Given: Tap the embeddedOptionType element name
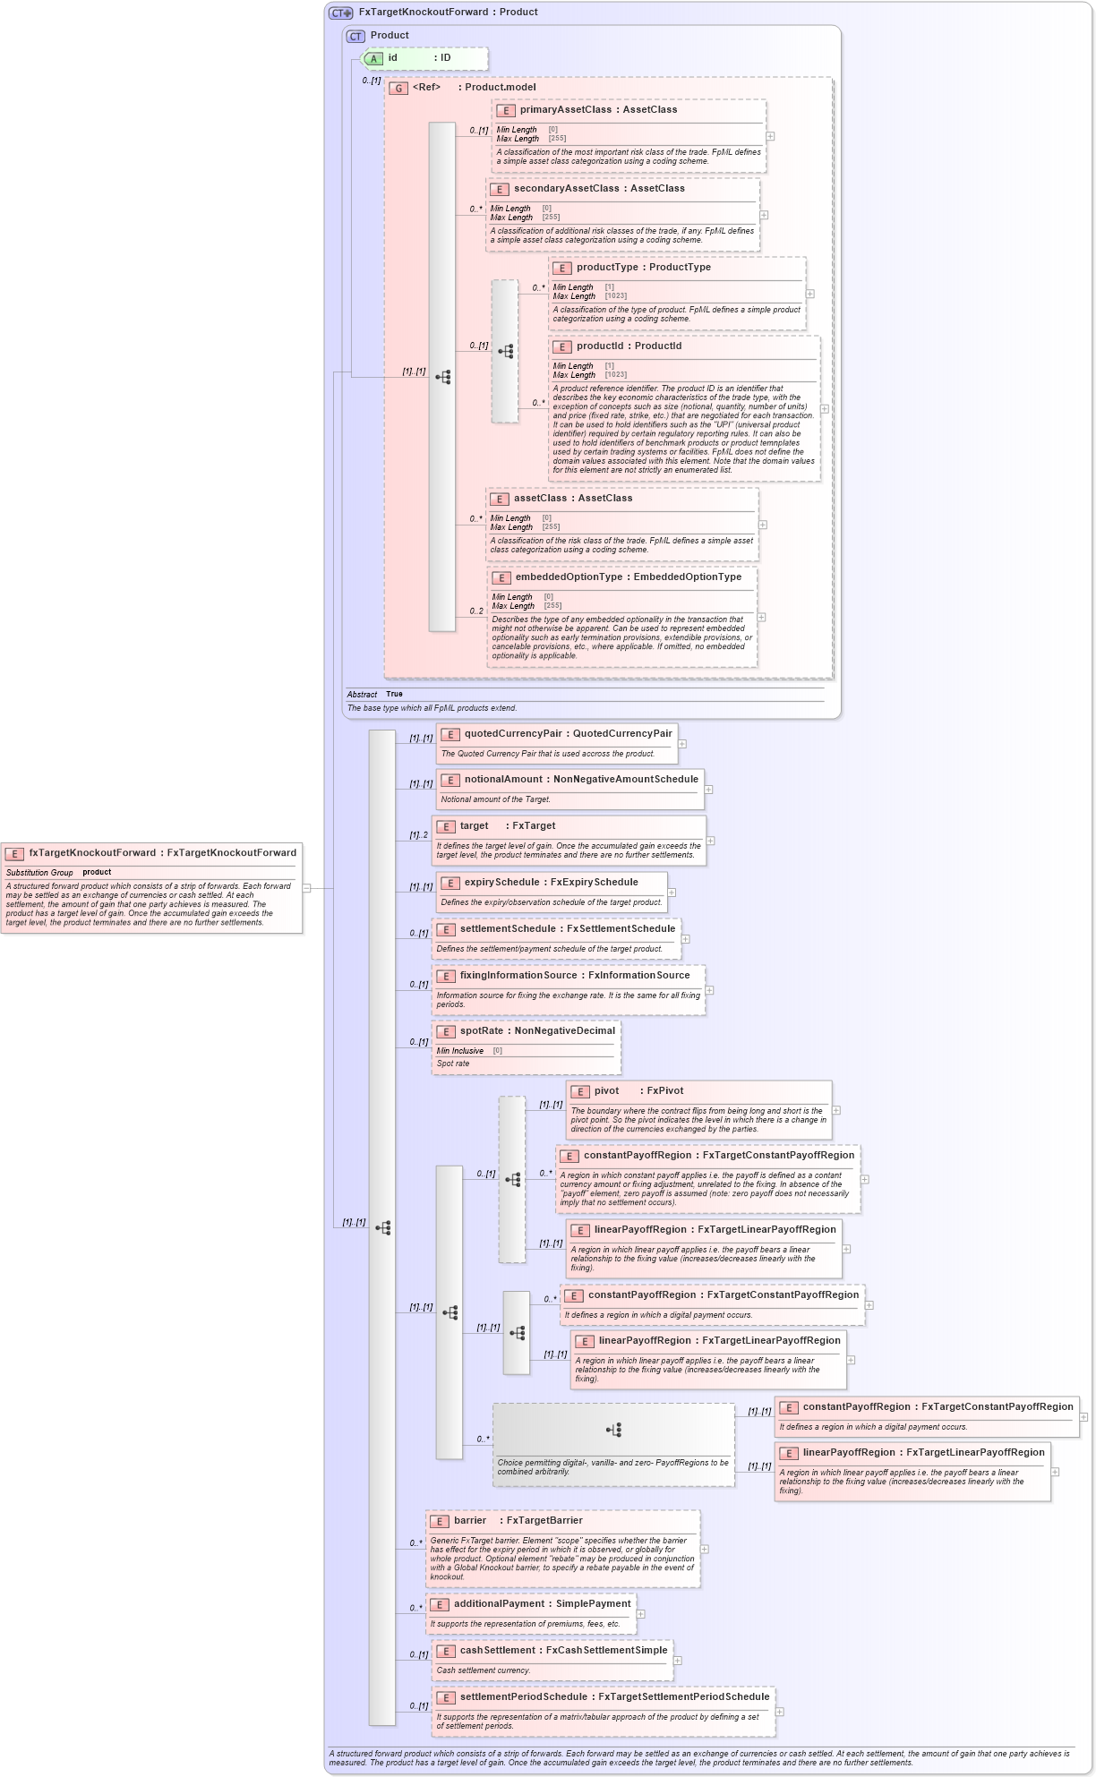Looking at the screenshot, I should tap(569, 577).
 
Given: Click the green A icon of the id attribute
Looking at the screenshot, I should tap(374, 58).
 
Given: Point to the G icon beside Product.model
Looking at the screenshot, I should tap(398, 88).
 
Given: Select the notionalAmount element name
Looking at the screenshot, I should tap(505, 779).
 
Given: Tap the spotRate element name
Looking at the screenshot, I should tap(481, 1030).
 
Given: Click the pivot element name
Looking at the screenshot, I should tap(606, 1090).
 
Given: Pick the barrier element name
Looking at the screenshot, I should tap(469, 1520).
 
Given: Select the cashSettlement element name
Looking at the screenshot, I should tap(497, 1650).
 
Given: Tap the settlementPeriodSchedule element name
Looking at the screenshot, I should tap(523, 1696).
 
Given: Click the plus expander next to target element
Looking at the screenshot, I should tap(711, 841).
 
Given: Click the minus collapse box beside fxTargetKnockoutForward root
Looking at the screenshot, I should tap(306, 888).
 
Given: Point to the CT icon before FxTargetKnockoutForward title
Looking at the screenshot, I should tap(340, 13).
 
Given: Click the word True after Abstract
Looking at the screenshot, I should tap(394, 694).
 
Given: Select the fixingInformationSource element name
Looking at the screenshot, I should tap(518, 975).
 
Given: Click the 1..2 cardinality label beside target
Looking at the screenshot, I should tap(418, 835).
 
